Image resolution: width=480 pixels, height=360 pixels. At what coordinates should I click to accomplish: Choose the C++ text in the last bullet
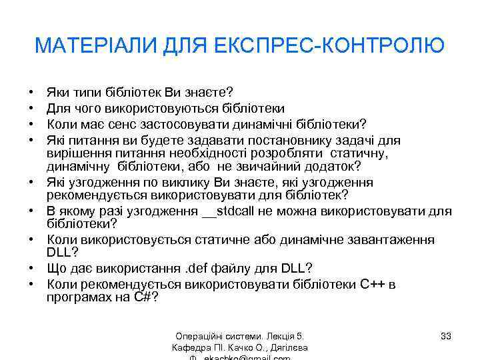[x=373, y=284]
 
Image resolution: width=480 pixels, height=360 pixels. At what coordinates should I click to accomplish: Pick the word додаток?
[x=329, y=165]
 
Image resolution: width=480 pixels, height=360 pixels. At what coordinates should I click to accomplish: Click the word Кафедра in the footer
[x=191, y=347]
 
